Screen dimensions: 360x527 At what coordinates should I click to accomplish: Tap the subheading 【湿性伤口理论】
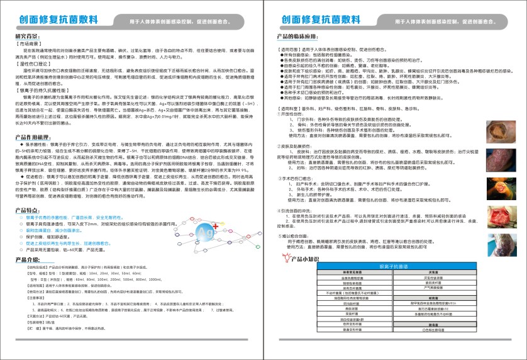coord(31,64)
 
